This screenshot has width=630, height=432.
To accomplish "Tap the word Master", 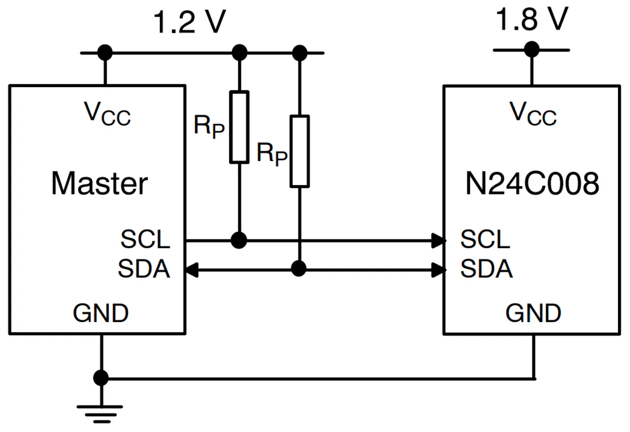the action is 99,183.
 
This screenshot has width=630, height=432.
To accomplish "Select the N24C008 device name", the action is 532,183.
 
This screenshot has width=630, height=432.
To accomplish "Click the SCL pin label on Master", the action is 145,239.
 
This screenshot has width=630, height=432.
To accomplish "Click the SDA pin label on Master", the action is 144,269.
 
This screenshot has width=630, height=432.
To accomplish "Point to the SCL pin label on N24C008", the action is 485,239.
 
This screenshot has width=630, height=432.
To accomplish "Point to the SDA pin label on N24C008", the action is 486,269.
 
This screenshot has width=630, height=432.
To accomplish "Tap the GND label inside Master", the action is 100,313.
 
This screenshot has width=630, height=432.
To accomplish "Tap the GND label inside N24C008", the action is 533,313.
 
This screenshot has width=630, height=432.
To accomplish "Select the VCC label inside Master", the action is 107,113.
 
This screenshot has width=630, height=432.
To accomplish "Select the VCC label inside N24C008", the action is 533,113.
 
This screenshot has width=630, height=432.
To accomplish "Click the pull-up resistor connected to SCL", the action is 239,127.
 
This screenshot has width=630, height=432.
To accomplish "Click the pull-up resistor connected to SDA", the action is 300,151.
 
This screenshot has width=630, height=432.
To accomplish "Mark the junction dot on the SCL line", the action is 239,240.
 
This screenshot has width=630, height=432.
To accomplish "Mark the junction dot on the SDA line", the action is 298,269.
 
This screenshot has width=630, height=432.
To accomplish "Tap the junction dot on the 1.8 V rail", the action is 531,49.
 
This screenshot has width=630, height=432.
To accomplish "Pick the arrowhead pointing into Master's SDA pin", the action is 191,270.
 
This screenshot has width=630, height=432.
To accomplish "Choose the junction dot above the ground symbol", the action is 101,378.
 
